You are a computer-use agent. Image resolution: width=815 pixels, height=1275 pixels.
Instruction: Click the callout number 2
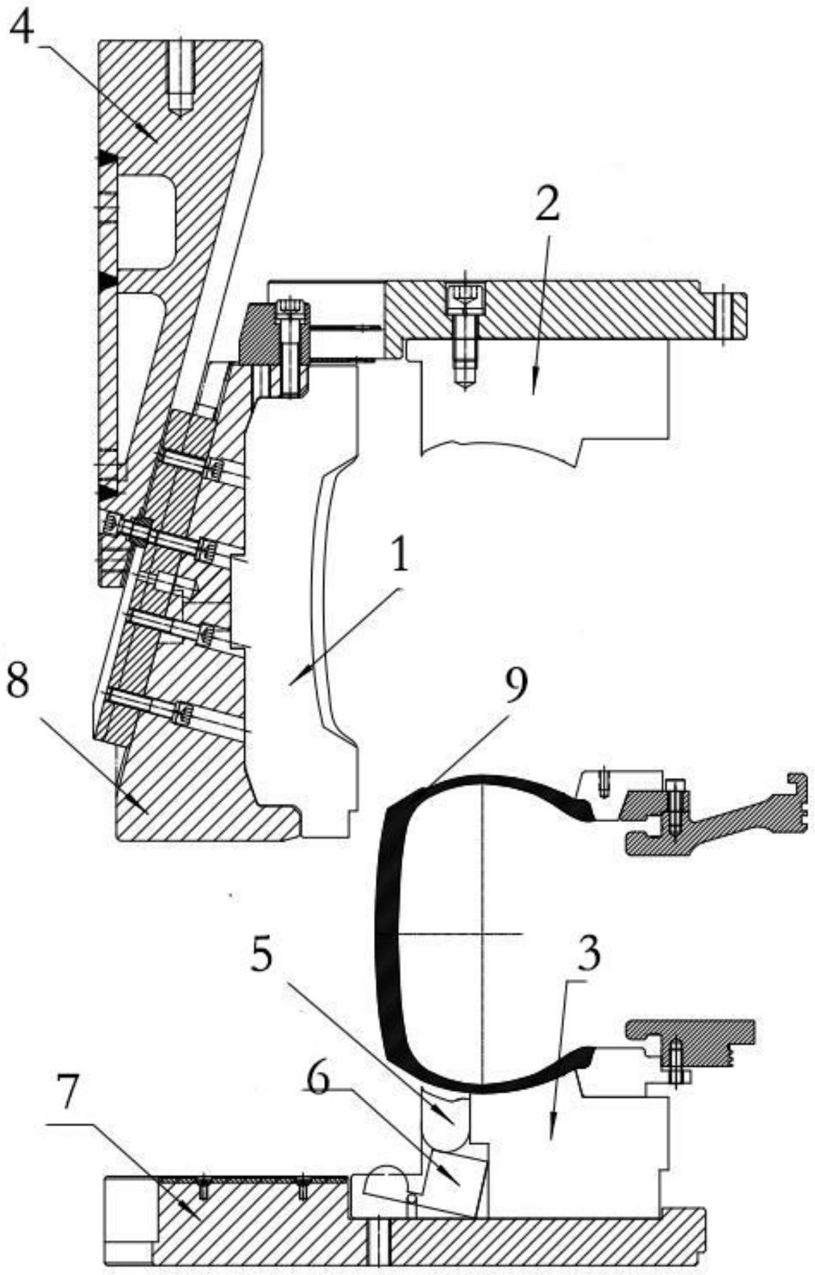547,207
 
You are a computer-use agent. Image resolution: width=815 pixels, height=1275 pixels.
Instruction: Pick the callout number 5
263,956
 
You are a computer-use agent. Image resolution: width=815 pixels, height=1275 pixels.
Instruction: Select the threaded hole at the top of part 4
180,73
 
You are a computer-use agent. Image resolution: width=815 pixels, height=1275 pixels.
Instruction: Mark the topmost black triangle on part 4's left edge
107,158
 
